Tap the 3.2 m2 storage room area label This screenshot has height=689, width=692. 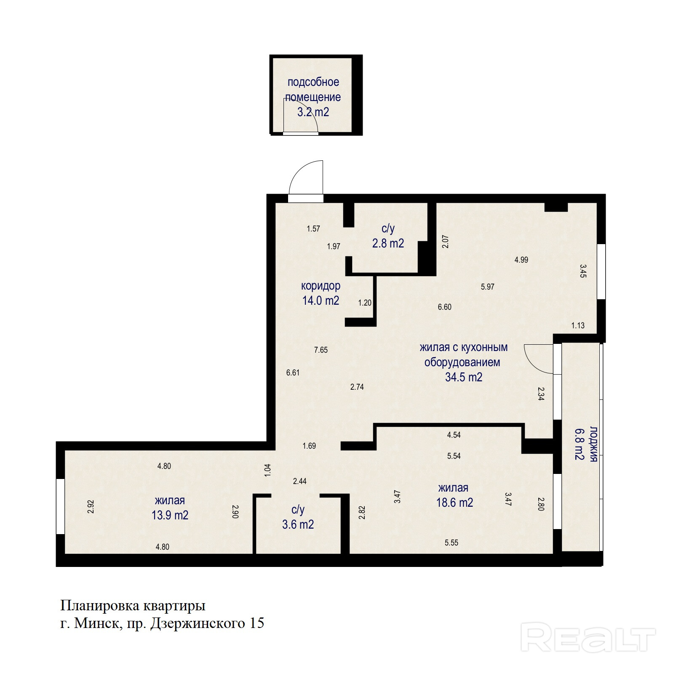(313, 112)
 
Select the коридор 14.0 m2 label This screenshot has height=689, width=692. (321, 293)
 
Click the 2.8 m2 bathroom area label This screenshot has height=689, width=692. (388, 243)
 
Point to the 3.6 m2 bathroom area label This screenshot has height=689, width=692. (298, 524)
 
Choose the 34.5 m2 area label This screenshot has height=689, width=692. (464, 377)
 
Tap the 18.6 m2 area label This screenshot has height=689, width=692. (454, 503)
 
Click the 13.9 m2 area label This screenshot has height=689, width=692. (170, 515)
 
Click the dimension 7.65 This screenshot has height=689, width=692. (321, 350)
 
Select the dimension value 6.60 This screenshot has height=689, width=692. (444, 307)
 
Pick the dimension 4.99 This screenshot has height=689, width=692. (521, 260)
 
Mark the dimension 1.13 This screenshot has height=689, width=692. (578, 325)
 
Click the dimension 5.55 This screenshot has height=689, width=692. (451, 543)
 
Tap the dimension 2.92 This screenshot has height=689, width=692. (90, 506)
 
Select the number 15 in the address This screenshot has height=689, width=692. (257, 623)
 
